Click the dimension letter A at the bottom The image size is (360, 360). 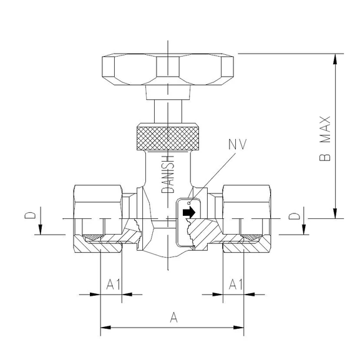click(174, 318)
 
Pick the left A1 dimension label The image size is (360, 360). click(113, 285)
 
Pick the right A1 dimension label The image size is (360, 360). click(235, 285)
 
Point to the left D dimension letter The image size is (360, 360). click(29, 216)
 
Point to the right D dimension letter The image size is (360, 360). click(296, 216)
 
